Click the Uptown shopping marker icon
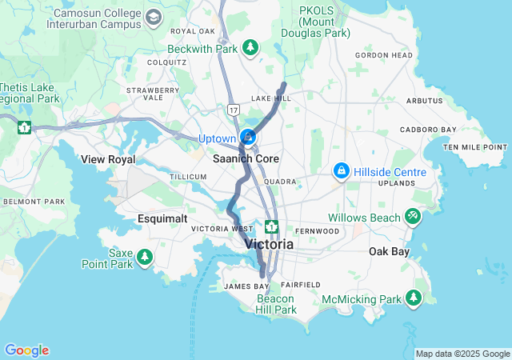point(248,138)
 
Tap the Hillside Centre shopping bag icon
point(342,171)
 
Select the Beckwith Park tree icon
point(250,48)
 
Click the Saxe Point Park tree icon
point(145,257)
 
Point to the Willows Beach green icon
point(413,215)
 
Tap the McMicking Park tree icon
point(414,298)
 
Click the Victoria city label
point(269,244)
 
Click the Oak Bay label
point(388,251)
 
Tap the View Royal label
point(108,159)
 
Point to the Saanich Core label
point(246,158)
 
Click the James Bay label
point(246,286)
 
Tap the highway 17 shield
point(233,108)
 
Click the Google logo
point(26,350)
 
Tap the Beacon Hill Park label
point(276,304)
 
